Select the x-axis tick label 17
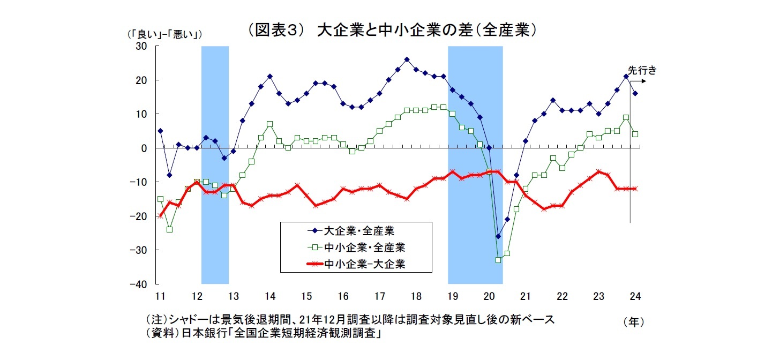coord(379,296)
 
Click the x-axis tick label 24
coord(635,296)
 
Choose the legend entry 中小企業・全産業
coord(364,247)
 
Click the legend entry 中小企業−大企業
coord(364,264)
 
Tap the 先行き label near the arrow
coord(642,69)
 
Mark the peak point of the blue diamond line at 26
coord(407,59)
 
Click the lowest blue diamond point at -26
coord(498,236)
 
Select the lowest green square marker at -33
coord(498,260)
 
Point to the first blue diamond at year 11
coord(160,131)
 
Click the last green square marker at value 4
coord(635,134)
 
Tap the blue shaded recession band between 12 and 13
coord(215,161)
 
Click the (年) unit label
coord(633,322)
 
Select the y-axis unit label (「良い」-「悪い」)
coord(163,35)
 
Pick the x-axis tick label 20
coord(489,296)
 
